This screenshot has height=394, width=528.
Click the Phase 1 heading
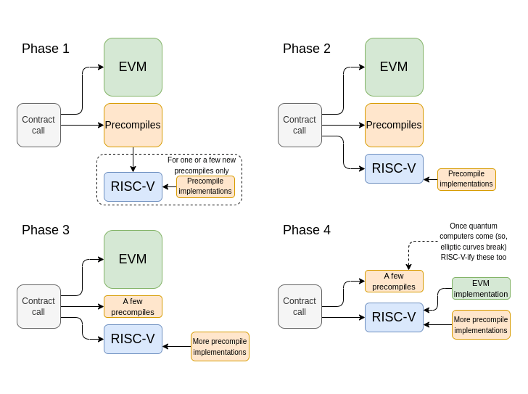[x=46, y=49]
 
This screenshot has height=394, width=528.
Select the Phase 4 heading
[x=307, y=230]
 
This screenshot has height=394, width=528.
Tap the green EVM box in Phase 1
[x=133, y=67]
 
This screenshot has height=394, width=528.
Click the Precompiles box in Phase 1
[x=133, y=125]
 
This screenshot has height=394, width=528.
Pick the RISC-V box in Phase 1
[x=133, y=186]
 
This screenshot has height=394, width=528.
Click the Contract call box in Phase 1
[x=38, y=125]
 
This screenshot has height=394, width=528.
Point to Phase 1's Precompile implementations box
[x=205, y=186]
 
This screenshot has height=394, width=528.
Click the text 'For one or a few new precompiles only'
[x=202, y=165]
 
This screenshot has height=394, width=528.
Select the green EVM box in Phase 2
[x=394, y=67]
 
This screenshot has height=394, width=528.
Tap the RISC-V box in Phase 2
[x=394, y=168]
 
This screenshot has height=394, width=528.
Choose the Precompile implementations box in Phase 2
[x=466, y=179]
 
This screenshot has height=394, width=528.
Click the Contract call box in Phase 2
[x=300, y=125]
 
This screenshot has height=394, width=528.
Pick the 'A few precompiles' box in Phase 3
[x=133, y=306]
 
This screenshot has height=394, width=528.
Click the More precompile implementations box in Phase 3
[x=220, y=346]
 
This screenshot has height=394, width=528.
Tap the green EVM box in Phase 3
[x=133, y=259]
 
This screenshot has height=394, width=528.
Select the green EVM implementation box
[x=481, y=288]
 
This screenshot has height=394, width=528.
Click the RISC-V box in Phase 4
[x=394, y=317]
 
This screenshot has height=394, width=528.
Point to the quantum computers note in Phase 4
[x=474, y=242]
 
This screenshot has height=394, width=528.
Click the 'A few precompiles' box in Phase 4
[x=394, y=281]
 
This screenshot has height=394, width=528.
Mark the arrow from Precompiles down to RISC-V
[x=133, y=160]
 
